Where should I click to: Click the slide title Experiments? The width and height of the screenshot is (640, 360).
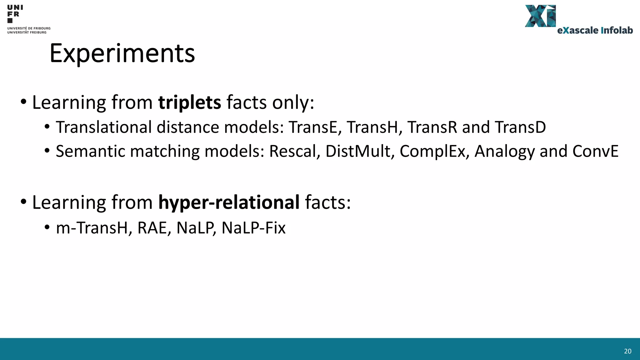[122, 53]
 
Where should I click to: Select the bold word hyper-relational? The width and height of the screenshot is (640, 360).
[229, 202]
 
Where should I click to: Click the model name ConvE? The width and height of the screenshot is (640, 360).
[595, 151]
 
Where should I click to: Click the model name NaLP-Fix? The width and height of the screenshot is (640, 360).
[253, 228]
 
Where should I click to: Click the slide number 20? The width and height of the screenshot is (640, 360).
[627, 351]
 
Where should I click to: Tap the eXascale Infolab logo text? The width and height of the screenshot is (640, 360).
[595, 30]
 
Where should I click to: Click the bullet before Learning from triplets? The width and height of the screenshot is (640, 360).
[23, 102]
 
